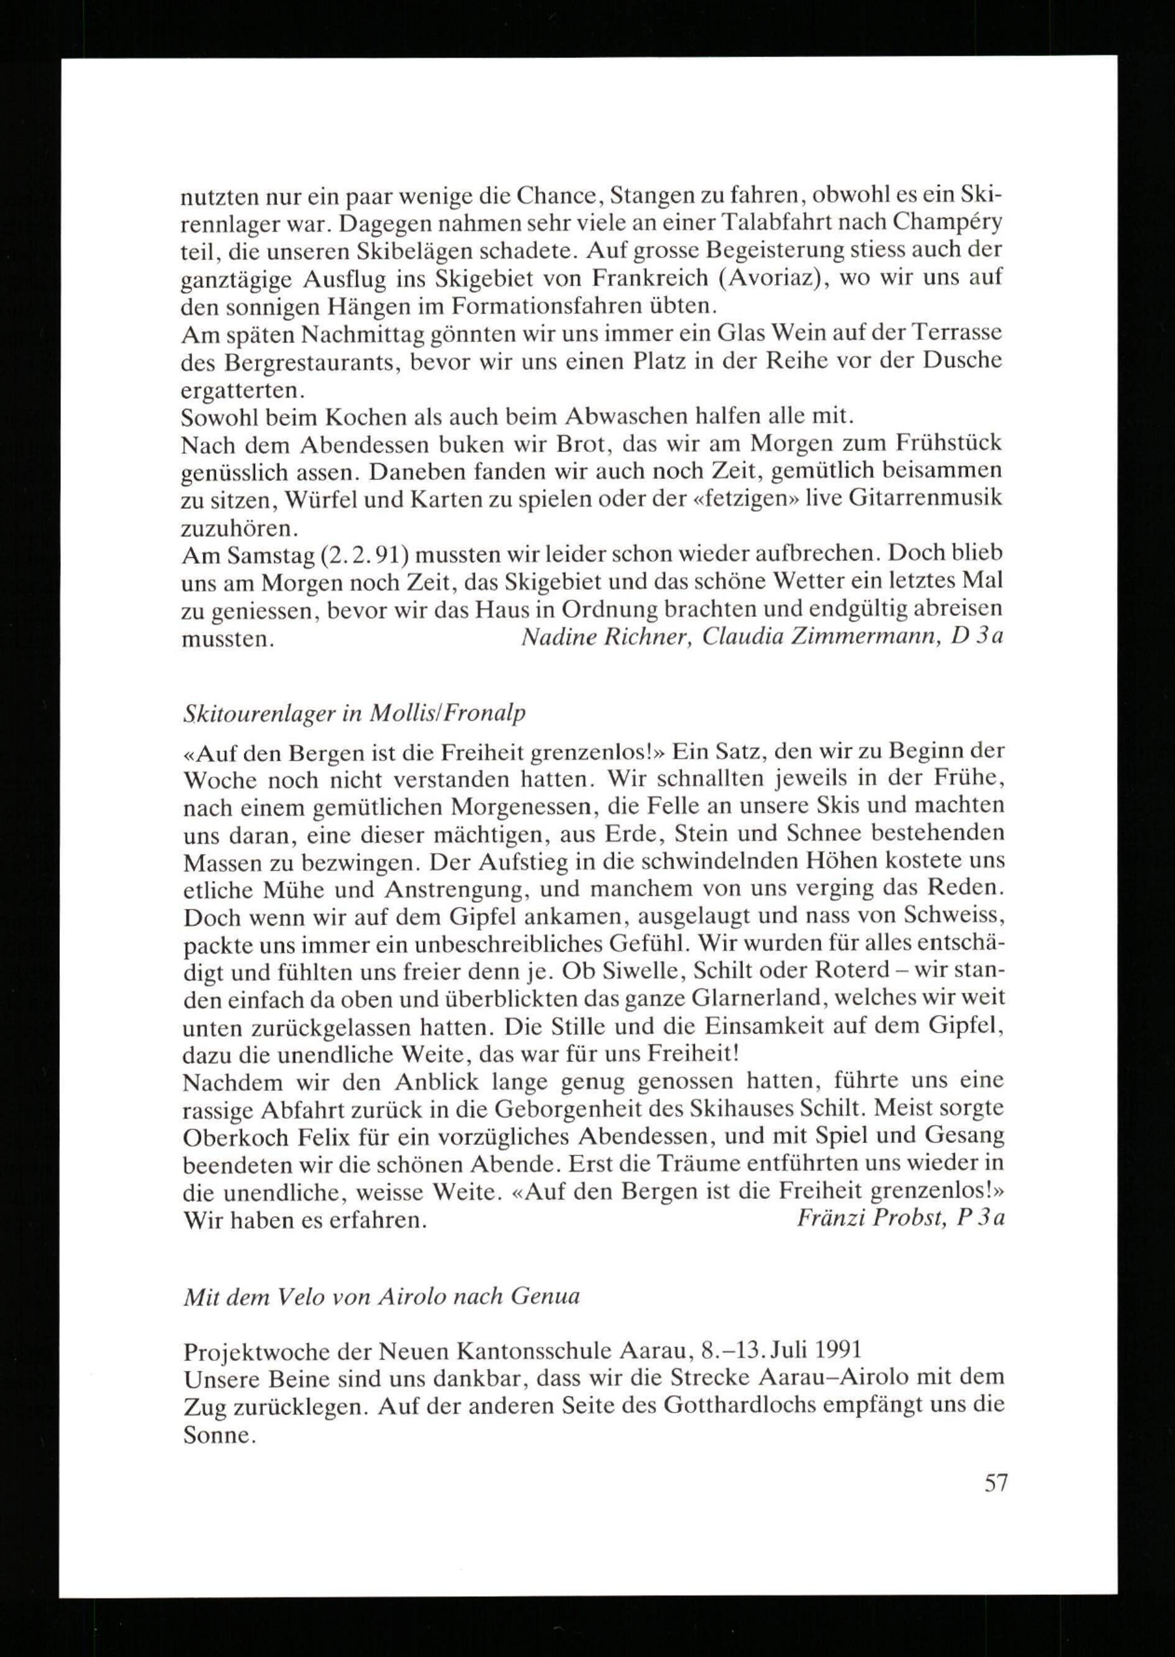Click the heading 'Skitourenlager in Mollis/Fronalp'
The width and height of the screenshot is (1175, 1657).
click(354, 714)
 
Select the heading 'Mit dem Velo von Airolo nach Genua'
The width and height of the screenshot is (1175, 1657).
click(381, 1295)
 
